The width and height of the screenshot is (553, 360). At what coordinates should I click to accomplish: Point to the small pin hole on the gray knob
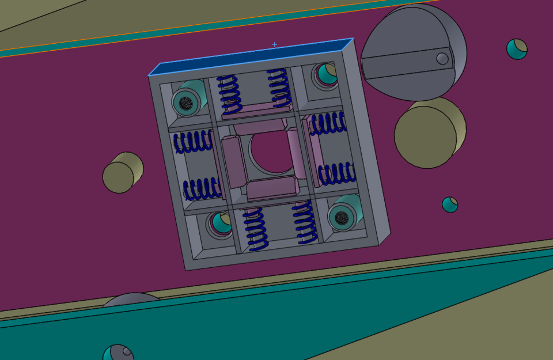click(x=442, y=58)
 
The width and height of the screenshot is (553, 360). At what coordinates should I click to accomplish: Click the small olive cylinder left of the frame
click(x=123, y=173)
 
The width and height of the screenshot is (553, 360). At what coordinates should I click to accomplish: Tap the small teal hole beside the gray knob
click(x=517, y=49)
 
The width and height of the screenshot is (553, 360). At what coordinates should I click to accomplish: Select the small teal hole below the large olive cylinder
click(x=450, y=204)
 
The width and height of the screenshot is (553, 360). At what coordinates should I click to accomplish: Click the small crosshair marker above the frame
click(x=274, y=44)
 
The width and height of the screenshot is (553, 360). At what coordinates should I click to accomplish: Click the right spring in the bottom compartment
click(x=305, y=223)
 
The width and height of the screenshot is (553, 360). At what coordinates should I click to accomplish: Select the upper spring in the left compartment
click(x=194, y=142)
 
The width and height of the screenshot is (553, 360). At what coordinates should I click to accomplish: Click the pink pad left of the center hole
click(x=232, y=162)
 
